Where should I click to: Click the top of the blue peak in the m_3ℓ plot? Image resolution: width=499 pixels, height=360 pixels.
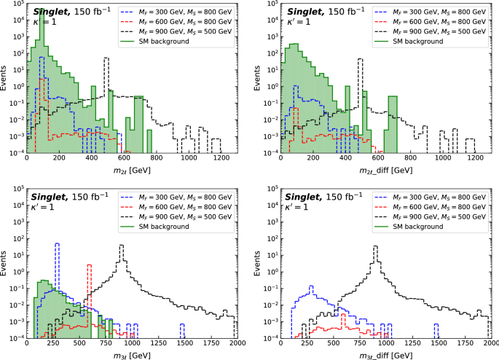(57, 243)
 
